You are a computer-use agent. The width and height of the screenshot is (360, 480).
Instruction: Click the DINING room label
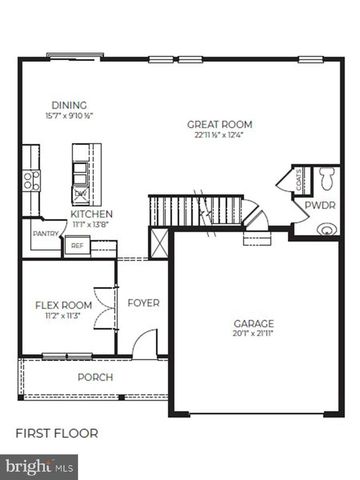tap(69, 105)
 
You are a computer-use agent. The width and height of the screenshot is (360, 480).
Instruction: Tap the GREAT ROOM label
tap(214, 125)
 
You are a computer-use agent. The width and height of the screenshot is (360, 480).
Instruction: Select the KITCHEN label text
tap(91, 214)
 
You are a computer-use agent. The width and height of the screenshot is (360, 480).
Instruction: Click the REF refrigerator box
tap(77, 244)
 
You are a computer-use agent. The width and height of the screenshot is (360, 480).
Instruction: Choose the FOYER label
tap(144, 302)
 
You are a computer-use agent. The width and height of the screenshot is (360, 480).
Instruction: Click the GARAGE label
tap(253, 324)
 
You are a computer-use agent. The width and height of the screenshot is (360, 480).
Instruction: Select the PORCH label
tap(95, 377)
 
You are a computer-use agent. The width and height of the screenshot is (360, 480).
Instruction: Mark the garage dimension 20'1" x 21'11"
tap(254, 335)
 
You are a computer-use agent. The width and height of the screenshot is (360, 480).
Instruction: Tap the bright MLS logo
tap(40, 465)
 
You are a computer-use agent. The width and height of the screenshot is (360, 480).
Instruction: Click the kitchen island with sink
tap(81, 171)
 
